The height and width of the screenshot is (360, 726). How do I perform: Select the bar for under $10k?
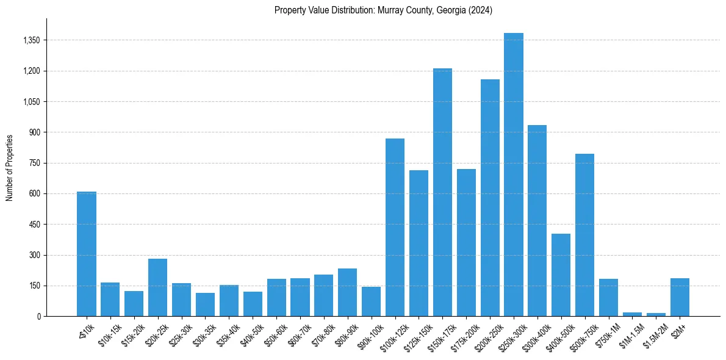pyautogui.click(x=86, y=254)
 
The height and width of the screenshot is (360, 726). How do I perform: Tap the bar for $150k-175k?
pyautogui.click(x=442, y=192)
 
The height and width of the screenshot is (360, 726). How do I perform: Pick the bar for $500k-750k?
pyautogui.click(x=584, y=235)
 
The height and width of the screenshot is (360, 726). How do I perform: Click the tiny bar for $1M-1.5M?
pyautogui.click(x=632, y=314)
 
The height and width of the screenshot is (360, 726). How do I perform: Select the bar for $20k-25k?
pyautogui.click(x=157, y=287)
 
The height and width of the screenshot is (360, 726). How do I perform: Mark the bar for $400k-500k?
pyautogui.click(x=561, y=275)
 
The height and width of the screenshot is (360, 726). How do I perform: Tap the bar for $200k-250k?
pyautogui.click(x=490, y=198)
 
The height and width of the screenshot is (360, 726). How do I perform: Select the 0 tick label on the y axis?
pyautogui.click(x=38, y=317)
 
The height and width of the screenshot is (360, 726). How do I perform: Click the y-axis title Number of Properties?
pyautogui.click(x=10, y=168)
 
